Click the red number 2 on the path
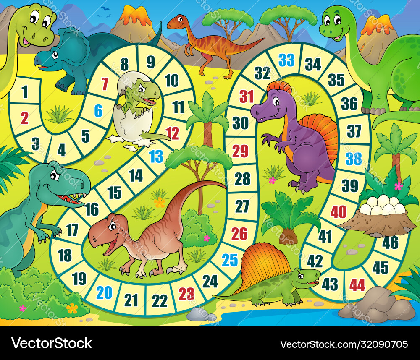(25, 118)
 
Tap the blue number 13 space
(156, 157)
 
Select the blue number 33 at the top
(287, 60)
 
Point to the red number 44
(357, 285)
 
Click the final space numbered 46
(390, 242)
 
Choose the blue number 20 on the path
(104, 292)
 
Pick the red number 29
(240, 151)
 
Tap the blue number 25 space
(230, 260)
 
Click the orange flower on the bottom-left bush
(72, 308)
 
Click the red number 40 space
(339, 212)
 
